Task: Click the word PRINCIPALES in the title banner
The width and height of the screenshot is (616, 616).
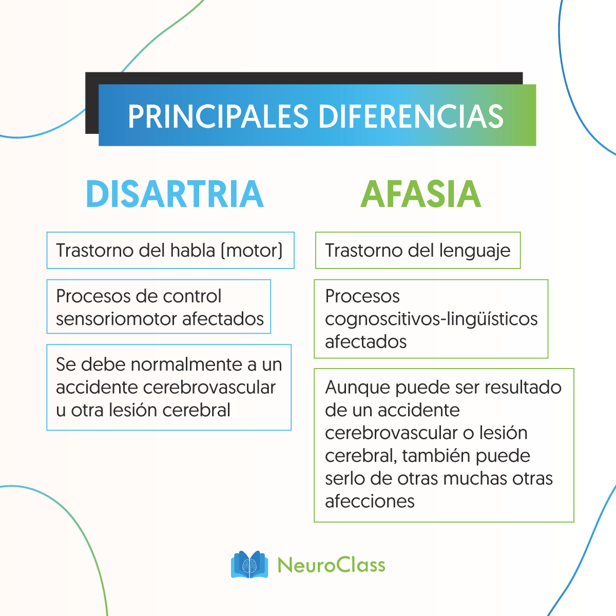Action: click(218, 117)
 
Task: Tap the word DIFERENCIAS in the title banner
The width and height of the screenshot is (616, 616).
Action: click(411, 117)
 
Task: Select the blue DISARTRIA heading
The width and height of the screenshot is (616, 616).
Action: click(175, 195)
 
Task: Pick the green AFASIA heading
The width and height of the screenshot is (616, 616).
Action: click(421, 195)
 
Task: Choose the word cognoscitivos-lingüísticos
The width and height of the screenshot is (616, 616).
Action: click(431, 319)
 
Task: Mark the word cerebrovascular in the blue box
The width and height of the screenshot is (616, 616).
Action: click(209, 387)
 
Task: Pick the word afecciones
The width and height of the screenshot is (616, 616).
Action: click(370, 501)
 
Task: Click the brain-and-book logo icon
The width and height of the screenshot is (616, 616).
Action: click(249, 565)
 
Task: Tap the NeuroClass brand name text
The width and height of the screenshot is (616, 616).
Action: click(331, 565)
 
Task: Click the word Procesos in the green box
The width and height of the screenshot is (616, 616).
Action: click(362, 296)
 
